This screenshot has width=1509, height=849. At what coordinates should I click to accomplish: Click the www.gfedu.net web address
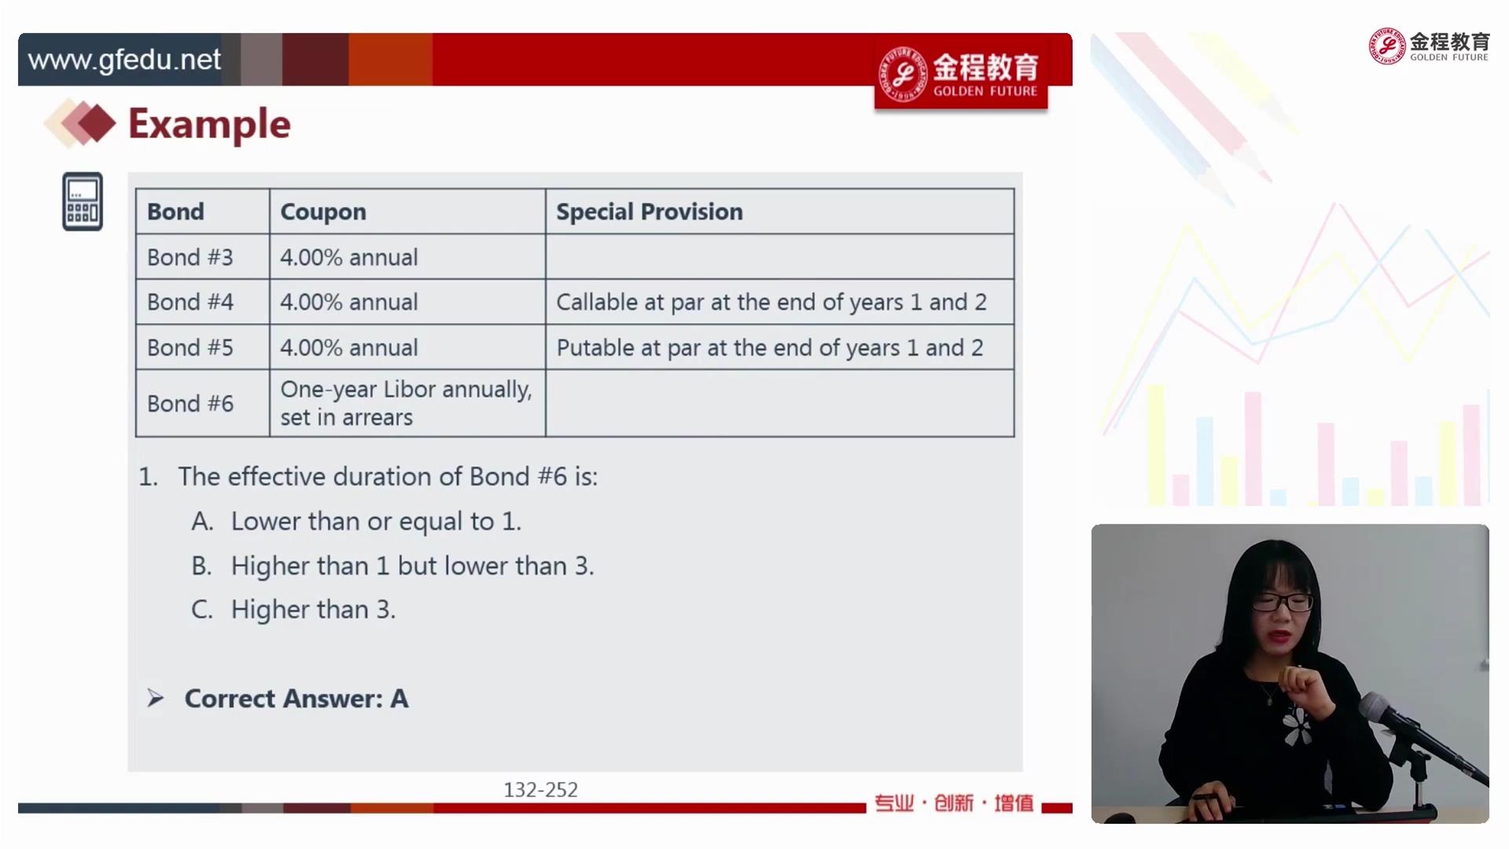(124, 60)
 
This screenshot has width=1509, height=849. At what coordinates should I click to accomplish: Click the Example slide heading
(209, 124)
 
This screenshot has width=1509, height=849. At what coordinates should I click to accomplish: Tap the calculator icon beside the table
(83, 201)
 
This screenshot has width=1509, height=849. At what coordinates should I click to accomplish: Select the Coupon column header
(323, 211)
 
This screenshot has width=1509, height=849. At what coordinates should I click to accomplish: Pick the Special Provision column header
(649, 211)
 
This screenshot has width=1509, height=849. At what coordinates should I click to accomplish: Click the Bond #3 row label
(190, 257)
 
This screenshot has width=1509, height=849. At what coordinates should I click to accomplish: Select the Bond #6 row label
(190, 403)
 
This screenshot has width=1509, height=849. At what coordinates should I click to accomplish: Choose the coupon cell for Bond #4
(349, 302)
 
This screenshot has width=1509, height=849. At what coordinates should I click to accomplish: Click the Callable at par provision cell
(771, 302)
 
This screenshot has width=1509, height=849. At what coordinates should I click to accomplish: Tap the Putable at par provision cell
(769, 347)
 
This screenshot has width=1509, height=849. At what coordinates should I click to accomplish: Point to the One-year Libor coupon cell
(406, 403)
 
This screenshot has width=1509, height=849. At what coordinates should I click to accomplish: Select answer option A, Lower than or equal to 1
(356, 521)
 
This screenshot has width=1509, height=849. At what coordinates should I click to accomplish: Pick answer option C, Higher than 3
(293, 609)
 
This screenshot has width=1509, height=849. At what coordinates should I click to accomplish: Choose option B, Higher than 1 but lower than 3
(392, 566)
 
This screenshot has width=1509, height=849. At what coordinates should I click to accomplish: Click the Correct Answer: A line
(296, 699)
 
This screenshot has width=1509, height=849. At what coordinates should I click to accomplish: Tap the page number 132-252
(541, 789)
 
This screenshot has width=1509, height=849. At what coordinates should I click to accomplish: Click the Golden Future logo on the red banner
(960, 73)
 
